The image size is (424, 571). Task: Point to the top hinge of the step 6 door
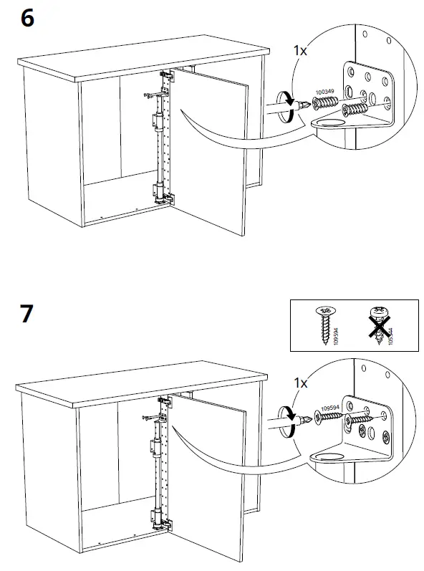coord(167,75)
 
